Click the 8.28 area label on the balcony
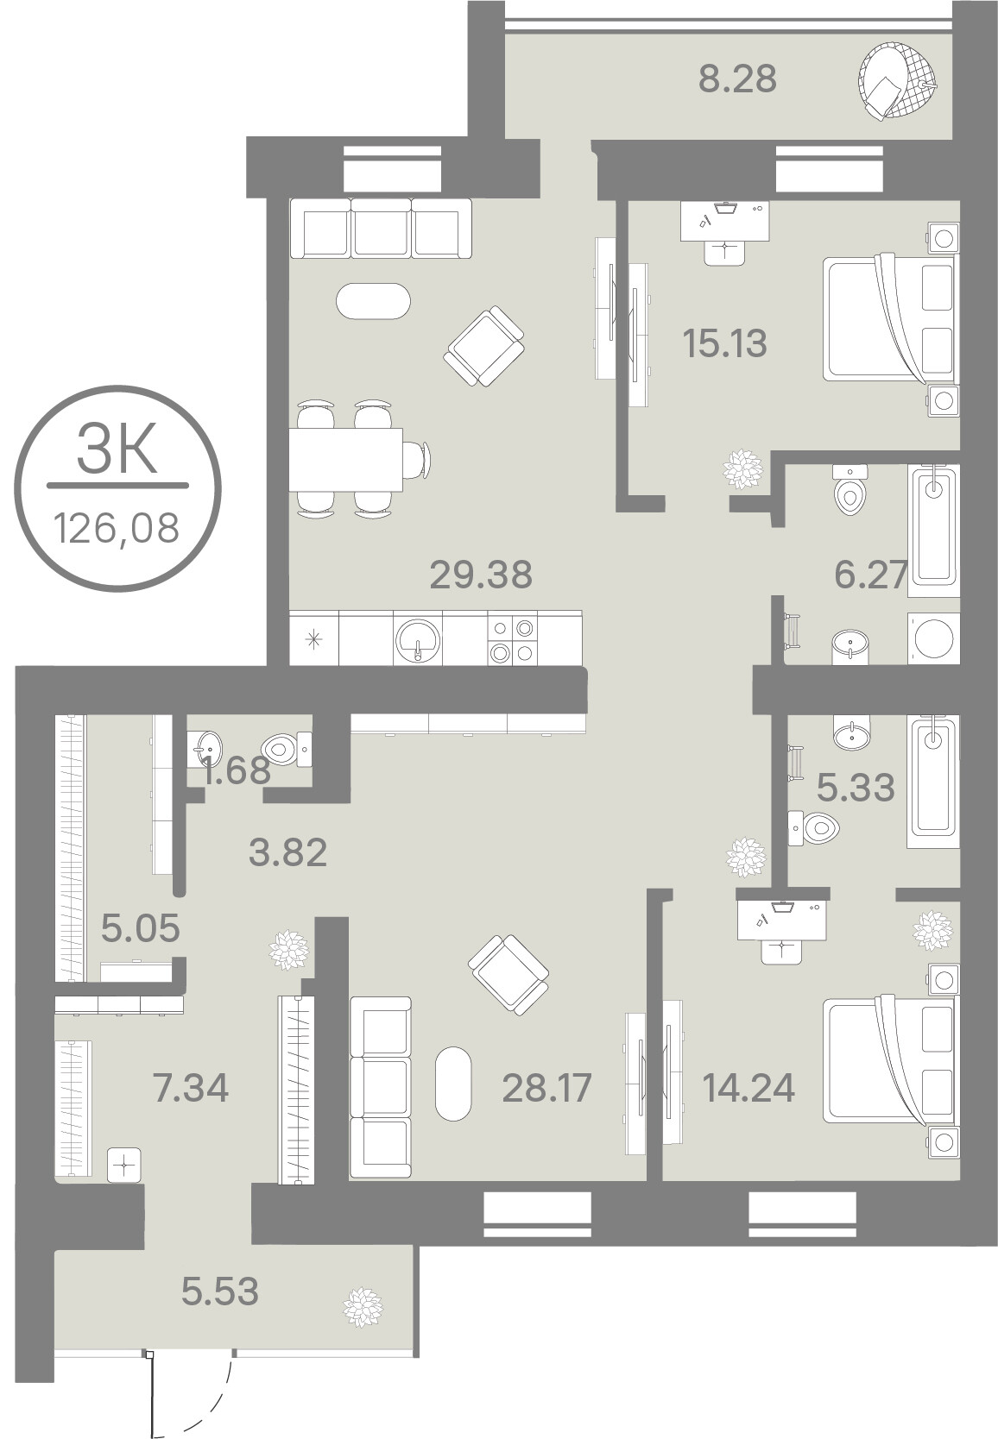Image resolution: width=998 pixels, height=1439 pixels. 737,79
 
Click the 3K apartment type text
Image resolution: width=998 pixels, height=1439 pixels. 117,449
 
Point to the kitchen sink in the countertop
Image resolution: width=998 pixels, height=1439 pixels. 417,638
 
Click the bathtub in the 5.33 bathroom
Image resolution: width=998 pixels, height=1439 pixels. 933,781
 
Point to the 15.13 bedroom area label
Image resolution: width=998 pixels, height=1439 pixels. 724,344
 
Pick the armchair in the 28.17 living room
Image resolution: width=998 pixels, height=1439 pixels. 508,975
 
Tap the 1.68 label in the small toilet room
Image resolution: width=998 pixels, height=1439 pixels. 236,770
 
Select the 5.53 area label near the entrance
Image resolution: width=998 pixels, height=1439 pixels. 220,1291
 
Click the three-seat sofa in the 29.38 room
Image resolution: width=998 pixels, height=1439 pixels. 381,228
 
